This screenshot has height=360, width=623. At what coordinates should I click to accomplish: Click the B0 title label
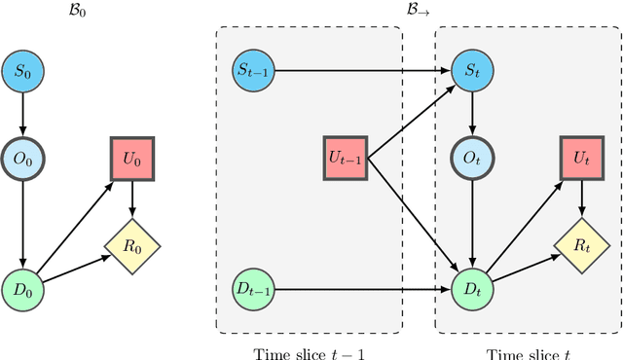tap(24, 13)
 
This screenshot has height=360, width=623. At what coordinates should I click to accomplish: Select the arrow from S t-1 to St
tap(360, 70)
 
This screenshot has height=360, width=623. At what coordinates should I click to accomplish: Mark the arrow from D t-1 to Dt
tap(360, 289)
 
